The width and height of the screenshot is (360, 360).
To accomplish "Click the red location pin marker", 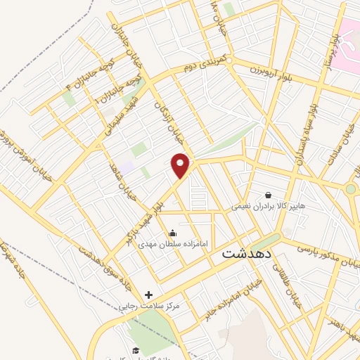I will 181,166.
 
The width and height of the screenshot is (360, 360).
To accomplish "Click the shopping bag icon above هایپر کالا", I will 268,195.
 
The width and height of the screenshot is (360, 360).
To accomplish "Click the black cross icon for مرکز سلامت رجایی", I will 148,294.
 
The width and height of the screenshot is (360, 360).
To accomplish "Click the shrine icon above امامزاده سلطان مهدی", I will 173,232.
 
